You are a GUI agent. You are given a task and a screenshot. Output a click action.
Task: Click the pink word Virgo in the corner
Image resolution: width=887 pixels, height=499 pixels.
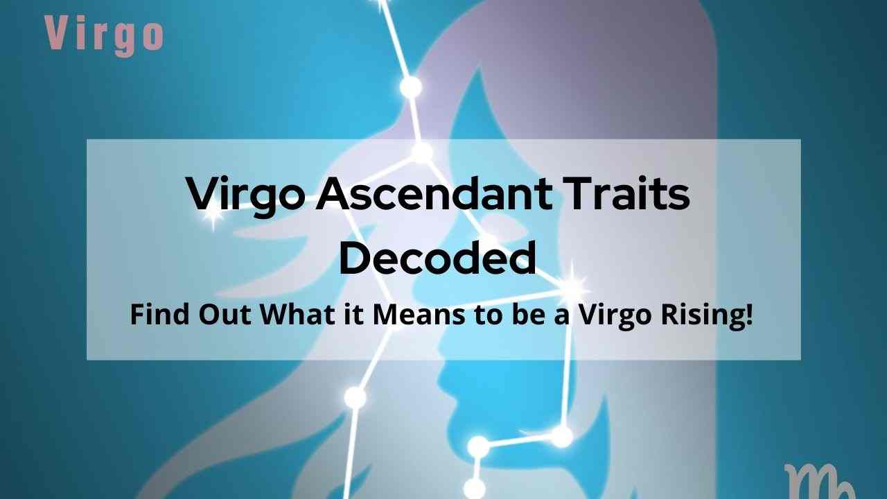(x=104, y=35)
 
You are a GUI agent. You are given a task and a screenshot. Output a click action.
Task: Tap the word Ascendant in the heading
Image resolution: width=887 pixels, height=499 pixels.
(x=434, y=194)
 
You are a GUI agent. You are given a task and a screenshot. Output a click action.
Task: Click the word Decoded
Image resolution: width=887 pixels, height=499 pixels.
(x=437, y=259)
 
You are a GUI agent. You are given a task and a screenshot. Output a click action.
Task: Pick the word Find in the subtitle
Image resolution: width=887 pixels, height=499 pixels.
(x=159, y=315)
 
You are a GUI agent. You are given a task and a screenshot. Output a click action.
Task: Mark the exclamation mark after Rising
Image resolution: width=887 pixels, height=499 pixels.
(x=749, y=315)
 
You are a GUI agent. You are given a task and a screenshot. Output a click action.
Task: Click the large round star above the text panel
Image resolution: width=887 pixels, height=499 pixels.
(x=411, y=87)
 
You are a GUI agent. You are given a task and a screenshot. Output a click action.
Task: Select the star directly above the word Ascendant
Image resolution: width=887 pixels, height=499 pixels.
(x=423, y=152)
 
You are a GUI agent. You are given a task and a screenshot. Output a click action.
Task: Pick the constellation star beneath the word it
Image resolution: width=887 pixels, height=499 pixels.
(x=355, y=397)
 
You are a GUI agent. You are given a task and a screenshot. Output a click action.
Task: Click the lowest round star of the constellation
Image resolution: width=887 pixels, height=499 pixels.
(x=474, y=488)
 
